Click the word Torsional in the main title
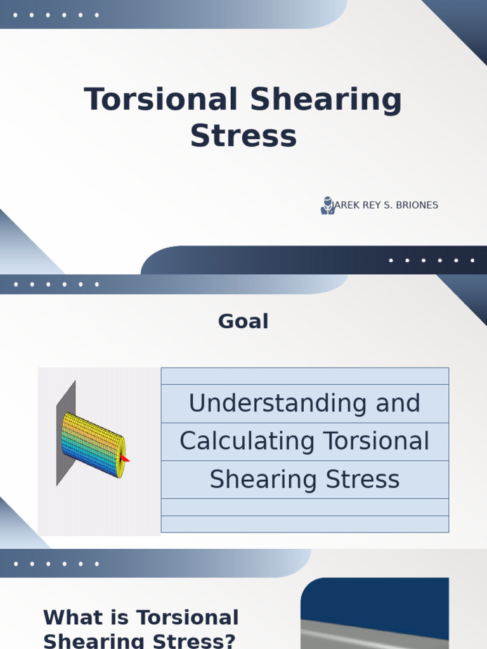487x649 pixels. pyautogui.click(x=160, y=100)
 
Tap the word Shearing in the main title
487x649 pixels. pyautogui.click(x=326, y=100)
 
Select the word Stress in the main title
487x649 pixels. pyautogui.click(x=243, y=136)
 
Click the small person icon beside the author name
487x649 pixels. pyautogui.click(x=327, y=205)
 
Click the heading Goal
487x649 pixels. pyautogui.click(x=243, y=321)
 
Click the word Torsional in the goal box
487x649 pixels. pyautogui.click(x=376, y=441)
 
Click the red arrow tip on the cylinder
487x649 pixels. pyautogui.click(x=124, y=458)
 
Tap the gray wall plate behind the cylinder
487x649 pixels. pyautogui.click(x=66, y=399)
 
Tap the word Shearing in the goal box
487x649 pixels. pyautogui.click(x=263, y=479)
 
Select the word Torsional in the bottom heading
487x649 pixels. pyautogui.click(x=188, y=618)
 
